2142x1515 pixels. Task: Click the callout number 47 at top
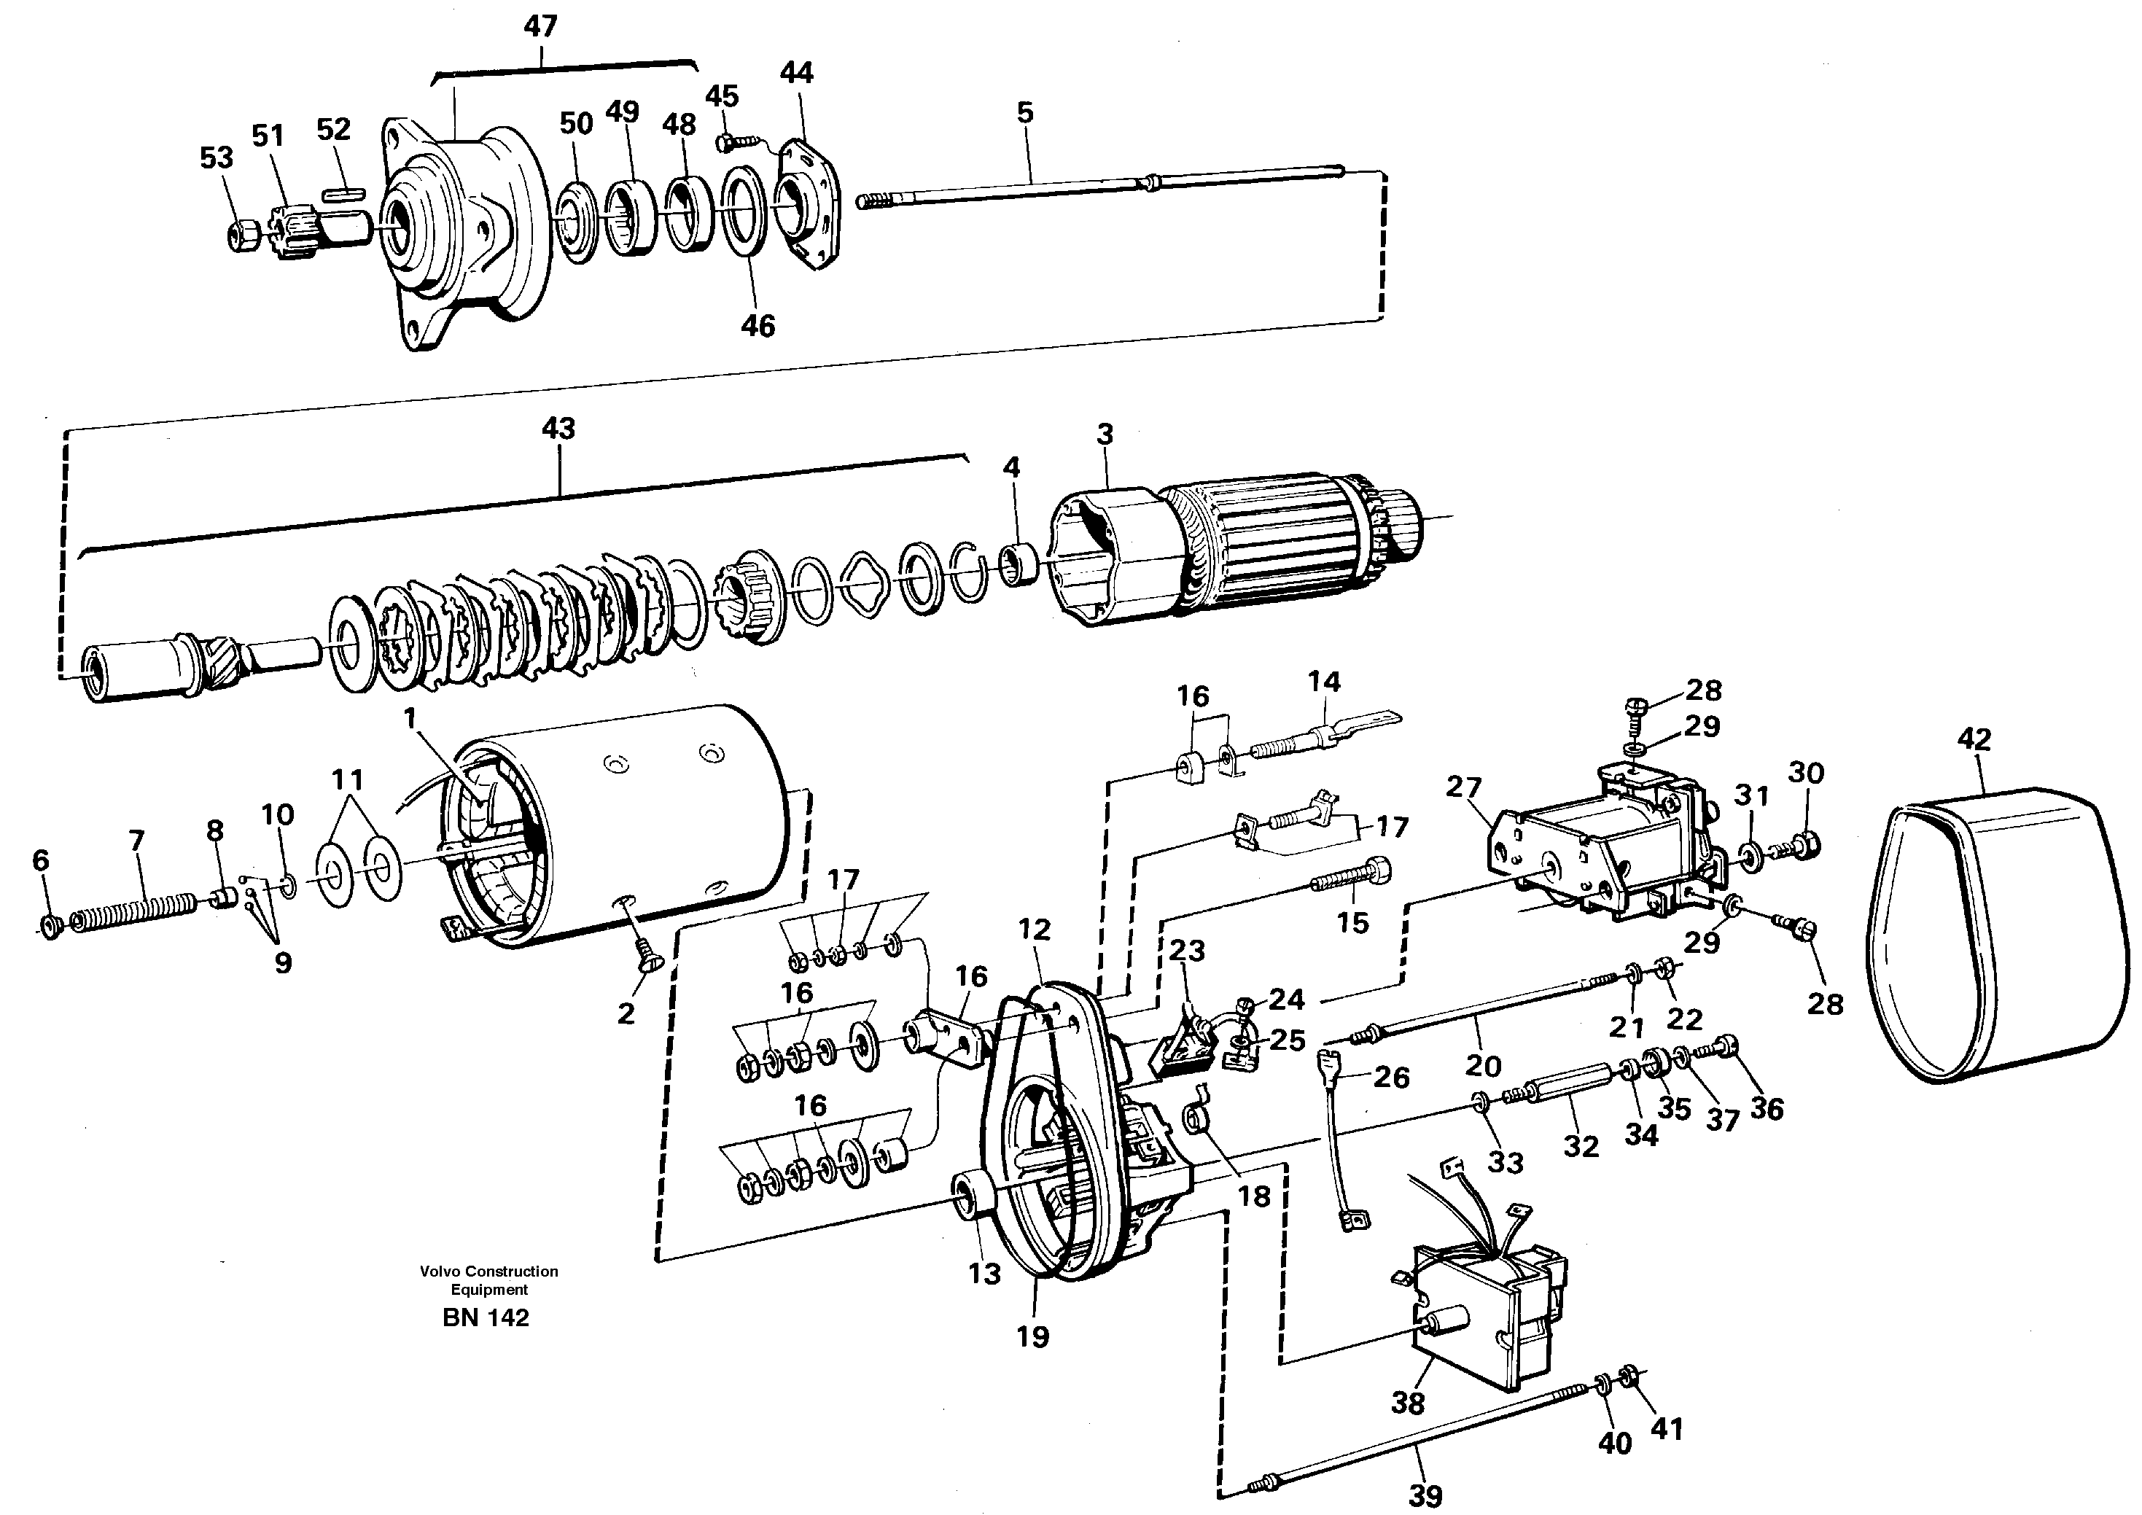[x=540, y=26]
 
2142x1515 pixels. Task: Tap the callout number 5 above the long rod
[x=1024, y=112]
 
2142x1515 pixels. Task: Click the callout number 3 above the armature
[x=1105, y=434]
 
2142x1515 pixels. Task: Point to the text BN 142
[x=486, y=1317]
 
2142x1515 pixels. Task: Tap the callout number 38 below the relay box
[x=1408, y=1402]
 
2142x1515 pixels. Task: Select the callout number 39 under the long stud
[x=1425, y=1495]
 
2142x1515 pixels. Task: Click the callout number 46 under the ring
[x=758, y=326]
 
